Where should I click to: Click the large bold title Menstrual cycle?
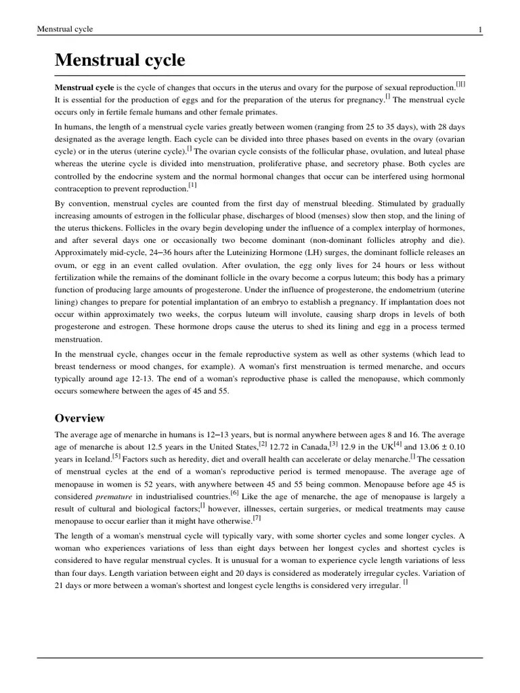pos(120,60)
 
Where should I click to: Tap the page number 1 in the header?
pos(480,29)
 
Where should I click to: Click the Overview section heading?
pos(79,418)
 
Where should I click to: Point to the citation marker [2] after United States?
pos(263,445)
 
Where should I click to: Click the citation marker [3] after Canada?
pos(333,445)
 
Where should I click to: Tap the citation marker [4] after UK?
pos(398,445)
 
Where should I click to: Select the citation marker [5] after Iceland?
pos(116,457)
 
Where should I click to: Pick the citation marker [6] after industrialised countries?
pos(234,493)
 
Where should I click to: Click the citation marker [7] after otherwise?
pos(257,518)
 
